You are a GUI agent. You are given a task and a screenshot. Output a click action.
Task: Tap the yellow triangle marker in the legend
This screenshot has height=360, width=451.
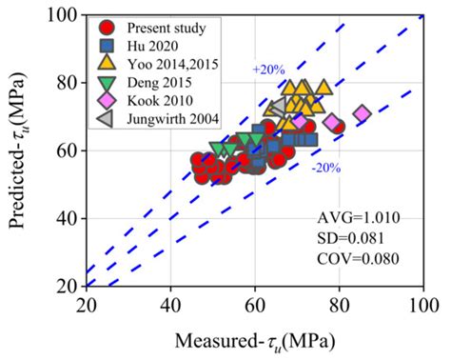pos(108,64)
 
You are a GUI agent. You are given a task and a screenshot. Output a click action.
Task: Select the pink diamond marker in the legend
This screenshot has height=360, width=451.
pos(108,101)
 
